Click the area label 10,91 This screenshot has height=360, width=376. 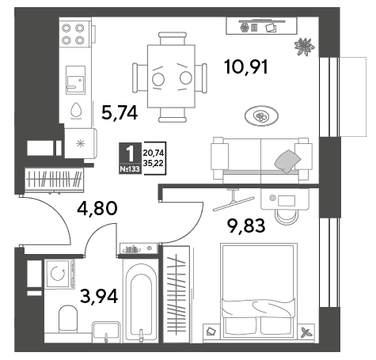(246, 67)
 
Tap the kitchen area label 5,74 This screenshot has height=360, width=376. (120, 113)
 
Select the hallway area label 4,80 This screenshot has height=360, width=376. (97, 208)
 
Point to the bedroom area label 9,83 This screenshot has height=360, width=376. (246, 225)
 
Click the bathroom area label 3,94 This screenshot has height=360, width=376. (99, 296)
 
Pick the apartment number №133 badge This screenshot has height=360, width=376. (130, 169)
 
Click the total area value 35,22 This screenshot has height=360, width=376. (154, 164)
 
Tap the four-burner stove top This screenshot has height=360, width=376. (73, 34)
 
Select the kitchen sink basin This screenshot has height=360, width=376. (75, 80)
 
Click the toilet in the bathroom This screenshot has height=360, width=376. (68, 319)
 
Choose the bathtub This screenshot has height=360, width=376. (141, 300)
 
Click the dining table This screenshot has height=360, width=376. (171, 76)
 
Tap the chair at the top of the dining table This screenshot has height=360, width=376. (173, 39)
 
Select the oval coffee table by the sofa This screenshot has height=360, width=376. (261, 116)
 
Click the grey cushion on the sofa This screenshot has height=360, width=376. (287, 161)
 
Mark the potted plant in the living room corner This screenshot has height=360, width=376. (305, 47)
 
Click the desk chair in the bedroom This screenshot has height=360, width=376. (287, 217)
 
